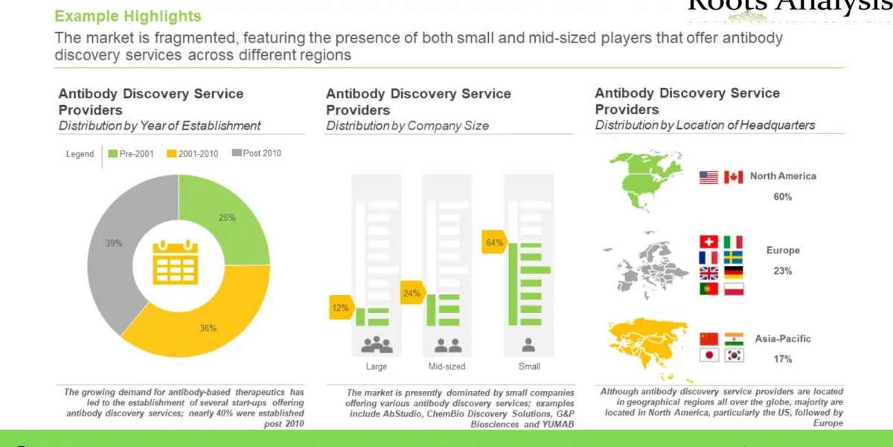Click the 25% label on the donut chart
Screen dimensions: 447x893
click(x=227, y=218)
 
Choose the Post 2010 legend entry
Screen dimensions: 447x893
click(x=257, y=154)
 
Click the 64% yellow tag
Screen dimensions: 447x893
click(x=494, y=242)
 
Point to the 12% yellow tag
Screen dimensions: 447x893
click(x=340, y=307)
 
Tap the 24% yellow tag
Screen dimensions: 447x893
click(x=411, y=293)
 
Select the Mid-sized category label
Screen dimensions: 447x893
click(x=446, y=367)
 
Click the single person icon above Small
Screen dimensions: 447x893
click(x=529, y=345)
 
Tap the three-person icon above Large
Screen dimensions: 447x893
click(x=377, y=345)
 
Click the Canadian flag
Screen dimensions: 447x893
click(x=733, y=177)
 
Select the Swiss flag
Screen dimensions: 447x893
click(x=708, y=242)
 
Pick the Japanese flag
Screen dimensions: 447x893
click(x=708, y=355)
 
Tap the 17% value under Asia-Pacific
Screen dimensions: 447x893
click(x=782, y=359)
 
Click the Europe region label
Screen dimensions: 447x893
click(x=783, y=250)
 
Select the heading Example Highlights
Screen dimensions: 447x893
click(x=128, y=16)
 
